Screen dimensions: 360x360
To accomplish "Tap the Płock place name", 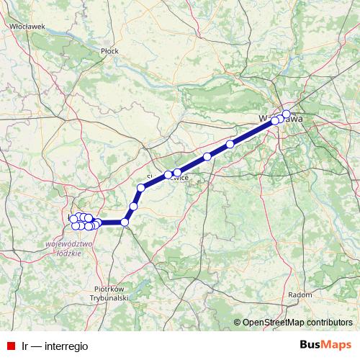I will [x=109, y=51].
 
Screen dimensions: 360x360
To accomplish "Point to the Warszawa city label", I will [x=282, y=118].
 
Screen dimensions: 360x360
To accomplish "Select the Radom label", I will [x=300, y=294].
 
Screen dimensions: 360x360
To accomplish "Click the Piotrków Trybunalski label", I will [x=110, y=293].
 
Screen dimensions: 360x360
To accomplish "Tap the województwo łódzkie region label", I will [x=70, y=248].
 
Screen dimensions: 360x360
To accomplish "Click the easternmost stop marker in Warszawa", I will [x=286, y=114].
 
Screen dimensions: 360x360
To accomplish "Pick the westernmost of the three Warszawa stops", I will [x=274, y=121].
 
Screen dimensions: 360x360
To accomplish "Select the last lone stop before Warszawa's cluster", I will [x=230, y=145].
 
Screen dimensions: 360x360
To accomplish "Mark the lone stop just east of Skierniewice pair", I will [x=207, y=156].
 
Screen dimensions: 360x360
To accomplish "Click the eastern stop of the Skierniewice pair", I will [x=177, y=173].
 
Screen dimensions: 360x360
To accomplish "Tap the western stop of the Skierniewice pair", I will [x=168, y=174].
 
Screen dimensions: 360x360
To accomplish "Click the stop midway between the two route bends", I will [x=133, y=207].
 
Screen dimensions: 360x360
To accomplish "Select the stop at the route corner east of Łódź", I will [x=125, y=222].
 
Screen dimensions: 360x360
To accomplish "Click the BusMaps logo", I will [x=325, y=345].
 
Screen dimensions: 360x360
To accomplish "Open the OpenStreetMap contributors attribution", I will [x=297, y=322].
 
